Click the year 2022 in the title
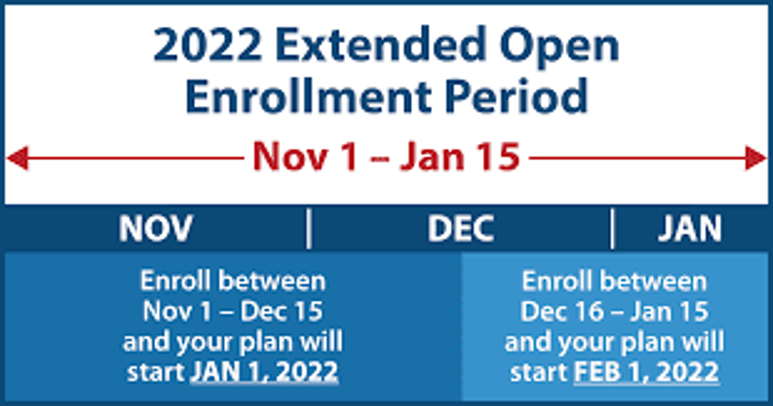pos(207,45)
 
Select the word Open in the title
pos(559,48)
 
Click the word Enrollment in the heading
pos(308,96)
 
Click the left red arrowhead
pos(17,158)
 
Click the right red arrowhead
pos(756,158)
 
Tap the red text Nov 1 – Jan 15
pos(386,157)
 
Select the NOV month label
pos(156,228)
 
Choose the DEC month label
pos(461,228)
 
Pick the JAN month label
pos(690,228)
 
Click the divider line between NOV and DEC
pos(309,228)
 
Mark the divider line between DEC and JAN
pos(612,228)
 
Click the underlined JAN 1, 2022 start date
pos(265,372)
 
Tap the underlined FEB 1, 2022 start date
pos(646,372)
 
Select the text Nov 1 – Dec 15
pos(233,311)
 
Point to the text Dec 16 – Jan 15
pos(614,311)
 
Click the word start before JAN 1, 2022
pos(156,372)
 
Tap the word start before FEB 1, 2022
pos(539,372)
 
